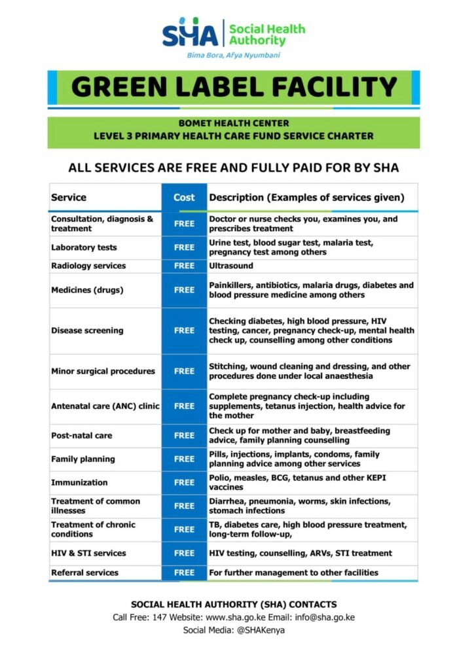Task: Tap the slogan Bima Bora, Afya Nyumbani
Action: coord(233,56)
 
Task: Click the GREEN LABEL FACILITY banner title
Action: coord(234,88)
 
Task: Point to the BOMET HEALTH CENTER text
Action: coord(234,123)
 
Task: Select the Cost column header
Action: coord(184,198)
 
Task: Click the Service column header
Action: coord(69,198)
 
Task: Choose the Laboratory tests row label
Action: coord(84,248)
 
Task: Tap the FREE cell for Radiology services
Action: coord(184,266)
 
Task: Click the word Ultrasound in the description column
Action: coord(230,266)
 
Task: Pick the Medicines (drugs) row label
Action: coord(87,290)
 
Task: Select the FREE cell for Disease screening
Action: coord(184,331)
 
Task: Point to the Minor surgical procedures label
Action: coord(103,372)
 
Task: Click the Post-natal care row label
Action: coord(82,436)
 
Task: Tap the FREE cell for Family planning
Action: coord(184,459)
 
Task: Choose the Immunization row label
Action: coord(79,483)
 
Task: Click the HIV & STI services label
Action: coord(88,554)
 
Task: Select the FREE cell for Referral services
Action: coord(184,573)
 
